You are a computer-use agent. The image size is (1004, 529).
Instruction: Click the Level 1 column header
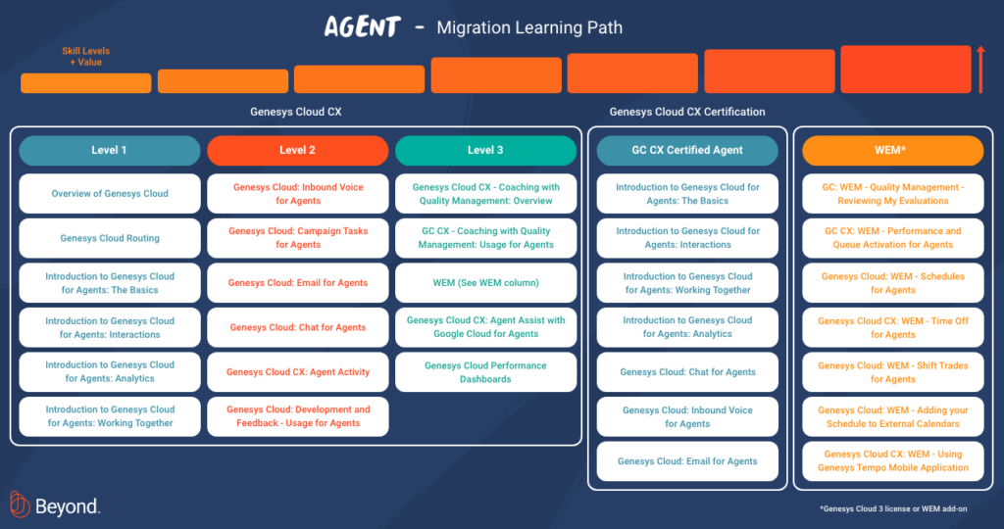point(109,150)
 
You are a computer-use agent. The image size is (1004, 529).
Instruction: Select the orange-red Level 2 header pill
point(297,150)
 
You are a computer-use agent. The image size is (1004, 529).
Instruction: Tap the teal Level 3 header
point(485,150)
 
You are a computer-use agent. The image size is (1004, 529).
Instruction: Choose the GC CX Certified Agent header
point(687,150)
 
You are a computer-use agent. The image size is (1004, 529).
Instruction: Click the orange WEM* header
point(892,150)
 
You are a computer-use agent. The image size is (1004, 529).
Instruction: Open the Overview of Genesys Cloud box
point(109,194)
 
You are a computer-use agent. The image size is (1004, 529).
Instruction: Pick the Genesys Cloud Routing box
point(109,238)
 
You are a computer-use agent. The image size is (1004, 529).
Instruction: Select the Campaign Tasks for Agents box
point(297,238)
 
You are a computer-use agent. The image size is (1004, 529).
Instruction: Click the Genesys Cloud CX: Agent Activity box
point(297,372)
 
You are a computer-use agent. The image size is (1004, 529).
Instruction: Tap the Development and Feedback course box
point(297,416)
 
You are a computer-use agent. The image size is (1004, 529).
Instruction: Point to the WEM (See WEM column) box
point(485,283)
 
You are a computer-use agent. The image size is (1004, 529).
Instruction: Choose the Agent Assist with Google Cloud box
point(485,327)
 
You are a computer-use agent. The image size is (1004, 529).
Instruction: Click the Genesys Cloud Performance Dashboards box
point(485,372)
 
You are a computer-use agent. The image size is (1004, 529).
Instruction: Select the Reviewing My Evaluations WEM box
point(892,194)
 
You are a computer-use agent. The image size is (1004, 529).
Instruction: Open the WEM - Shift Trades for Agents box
point(892,372)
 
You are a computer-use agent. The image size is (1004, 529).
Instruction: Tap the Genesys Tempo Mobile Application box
point(892,460)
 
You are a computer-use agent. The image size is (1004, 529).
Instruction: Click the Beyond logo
point(55,505)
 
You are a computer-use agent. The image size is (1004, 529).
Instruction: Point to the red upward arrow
point(979,70)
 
